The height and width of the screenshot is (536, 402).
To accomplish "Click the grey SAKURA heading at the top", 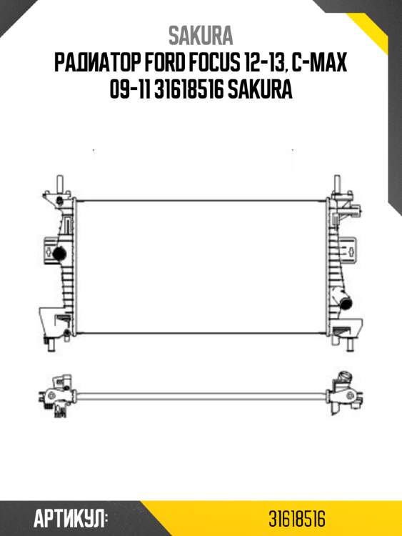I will click(201, 36).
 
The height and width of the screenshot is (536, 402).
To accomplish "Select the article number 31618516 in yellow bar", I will click(298, 518).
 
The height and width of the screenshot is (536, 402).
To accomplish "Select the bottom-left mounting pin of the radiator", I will click(52, 346).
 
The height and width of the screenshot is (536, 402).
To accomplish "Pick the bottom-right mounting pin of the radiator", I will click(349, 346).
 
